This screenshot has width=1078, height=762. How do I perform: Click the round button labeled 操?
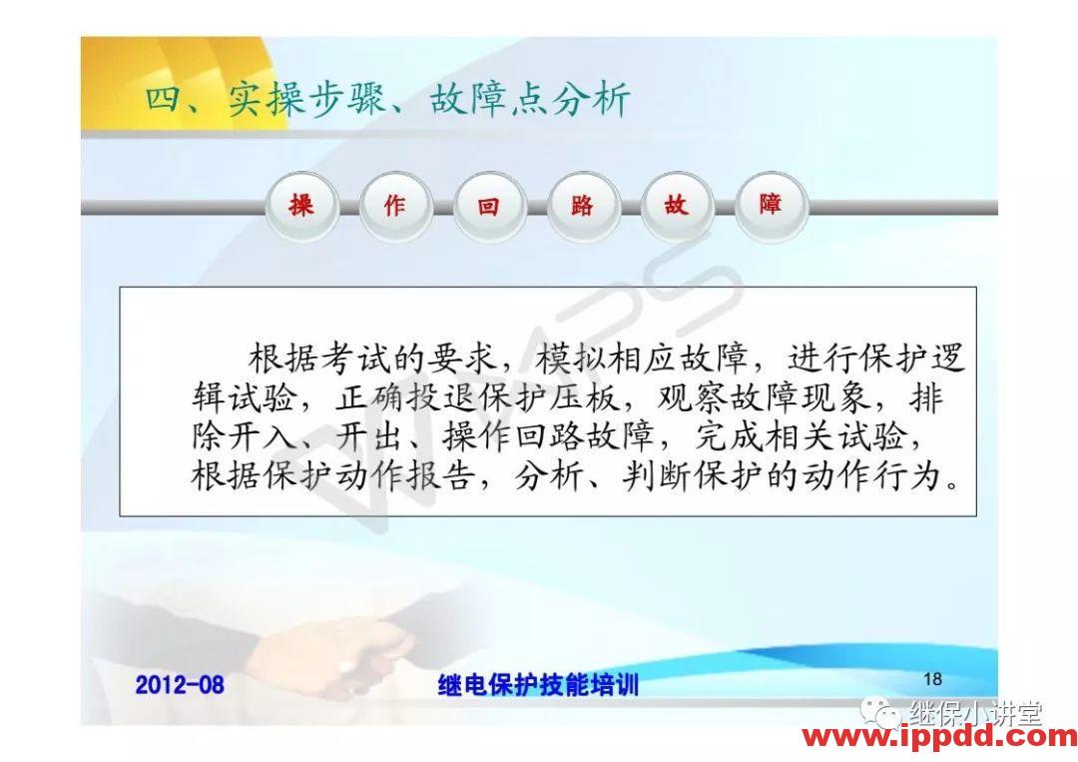(301, 206)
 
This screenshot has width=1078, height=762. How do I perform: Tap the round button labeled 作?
(395, 206)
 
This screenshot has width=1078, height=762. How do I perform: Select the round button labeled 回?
(488, 206)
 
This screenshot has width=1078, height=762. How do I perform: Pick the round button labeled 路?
(582, 206)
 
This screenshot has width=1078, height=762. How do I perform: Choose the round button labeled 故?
(676, 206)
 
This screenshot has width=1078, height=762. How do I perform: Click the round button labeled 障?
(770, 206)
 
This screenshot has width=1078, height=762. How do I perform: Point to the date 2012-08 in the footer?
(180, 684)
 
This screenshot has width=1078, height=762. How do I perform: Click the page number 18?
(932, 679)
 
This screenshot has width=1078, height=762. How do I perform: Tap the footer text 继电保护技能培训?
(538, 684)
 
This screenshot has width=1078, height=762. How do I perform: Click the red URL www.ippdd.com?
(939, 737)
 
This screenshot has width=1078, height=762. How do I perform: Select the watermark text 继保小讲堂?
(975, 713)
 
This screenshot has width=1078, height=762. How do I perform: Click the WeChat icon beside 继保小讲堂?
(882, 712)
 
